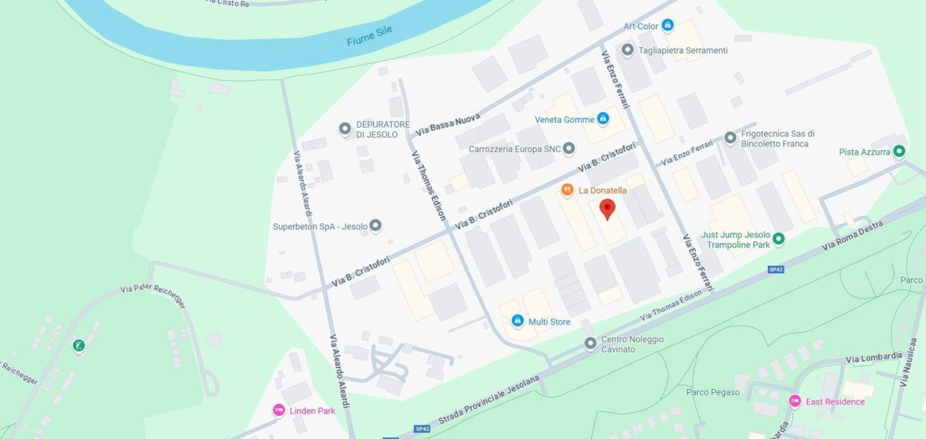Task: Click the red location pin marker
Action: tap(607, 209)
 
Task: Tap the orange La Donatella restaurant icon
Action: tap(566, 189)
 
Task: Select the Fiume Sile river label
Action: tap(369, 36)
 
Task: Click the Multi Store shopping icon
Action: tap(517, 321)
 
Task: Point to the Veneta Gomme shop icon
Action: tap(603, 119)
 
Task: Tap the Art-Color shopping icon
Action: tap(667, 25)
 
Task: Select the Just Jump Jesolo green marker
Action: tap(778, 239)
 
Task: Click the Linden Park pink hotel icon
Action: tap(278, 410)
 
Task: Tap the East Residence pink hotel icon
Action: tap(795, 401)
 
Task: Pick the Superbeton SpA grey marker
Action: tap(375, 226)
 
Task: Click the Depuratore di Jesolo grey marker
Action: tap(345, 129)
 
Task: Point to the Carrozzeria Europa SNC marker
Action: tap(569, 149)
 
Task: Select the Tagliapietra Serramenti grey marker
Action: tap(628, 50)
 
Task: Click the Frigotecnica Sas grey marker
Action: tap(730, 138)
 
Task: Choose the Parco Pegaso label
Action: tap(712, 392)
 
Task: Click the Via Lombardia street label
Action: tap(874, 357)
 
